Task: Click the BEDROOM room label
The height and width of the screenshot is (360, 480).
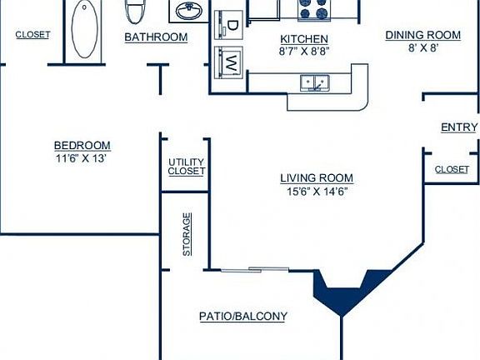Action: tap(82, 145)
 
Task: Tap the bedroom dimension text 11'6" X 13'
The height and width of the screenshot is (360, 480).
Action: tap(82, 157)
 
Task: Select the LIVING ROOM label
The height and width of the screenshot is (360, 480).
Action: tap(316, 177)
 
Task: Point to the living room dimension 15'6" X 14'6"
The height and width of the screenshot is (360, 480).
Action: tap(316, 191)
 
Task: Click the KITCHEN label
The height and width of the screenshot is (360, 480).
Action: tap(303, 39)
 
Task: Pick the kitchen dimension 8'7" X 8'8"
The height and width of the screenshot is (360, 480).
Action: tap(303, 52)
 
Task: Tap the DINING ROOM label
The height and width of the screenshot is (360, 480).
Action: tap(422, 35)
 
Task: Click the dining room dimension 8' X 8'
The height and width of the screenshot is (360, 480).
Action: tap(422, 47)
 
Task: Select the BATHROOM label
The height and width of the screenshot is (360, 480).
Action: tap(156, 37)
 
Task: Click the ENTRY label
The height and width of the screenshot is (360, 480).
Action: tap(458, 127)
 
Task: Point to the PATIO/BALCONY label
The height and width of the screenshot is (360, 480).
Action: tap(242, 316)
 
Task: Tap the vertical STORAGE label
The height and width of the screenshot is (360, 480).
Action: tap(187, 234)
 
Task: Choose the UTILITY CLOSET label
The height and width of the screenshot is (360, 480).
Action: tap(186, 167)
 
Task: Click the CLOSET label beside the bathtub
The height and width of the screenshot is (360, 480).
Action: tap(32, 35)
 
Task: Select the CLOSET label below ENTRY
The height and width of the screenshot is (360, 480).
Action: tap(452, 169)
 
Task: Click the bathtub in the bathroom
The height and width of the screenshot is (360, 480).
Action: tap(84, 29)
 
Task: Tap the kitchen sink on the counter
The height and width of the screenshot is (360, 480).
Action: tap(315, 82)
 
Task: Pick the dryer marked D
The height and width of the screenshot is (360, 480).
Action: tap(232, 23)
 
